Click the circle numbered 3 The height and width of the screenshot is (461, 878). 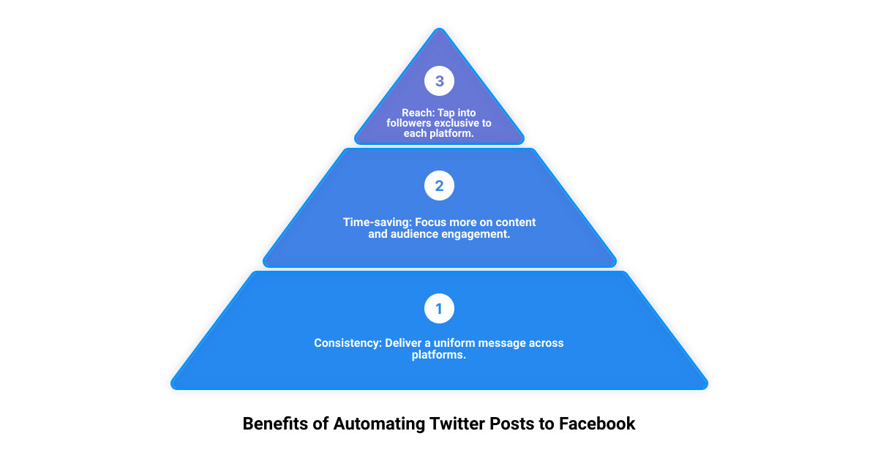[x=439, y=81]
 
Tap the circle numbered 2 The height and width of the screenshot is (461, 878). [x=439, y=186]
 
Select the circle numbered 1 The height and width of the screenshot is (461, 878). [x=439, y=309]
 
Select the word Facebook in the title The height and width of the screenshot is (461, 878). [x=598, y=423]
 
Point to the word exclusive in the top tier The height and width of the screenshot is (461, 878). [x=453, y=123]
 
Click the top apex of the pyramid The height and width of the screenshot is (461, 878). [x=439, y=30]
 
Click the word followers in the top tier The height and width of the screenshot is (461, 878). [x=411, y=123]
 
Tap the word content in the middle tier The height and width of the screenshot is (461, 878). [x=517, y=222]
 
